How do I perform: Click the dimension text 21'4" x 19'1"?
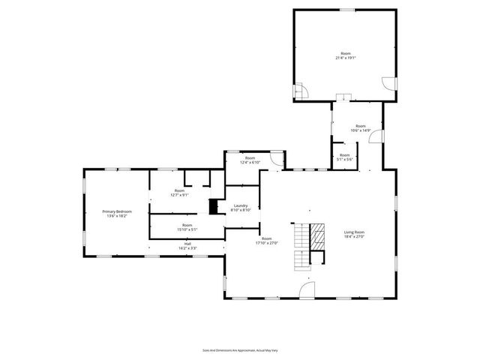[x=345, y=58]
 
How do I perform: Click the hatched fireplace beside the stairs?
[x=319, y=237]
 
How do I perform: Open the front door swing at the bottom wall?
[x=307, y=292]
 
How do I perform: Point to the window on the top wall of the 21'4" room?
[x=348, y=10]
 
